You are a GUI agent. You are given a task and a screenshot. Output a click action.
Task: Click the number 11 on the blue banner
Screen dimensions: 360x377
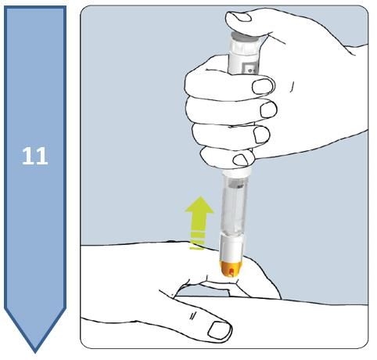point(35,155)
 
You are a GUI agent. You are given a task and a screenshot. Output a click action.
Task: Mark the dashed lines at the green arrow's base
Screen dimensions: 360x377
point(198,239)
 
